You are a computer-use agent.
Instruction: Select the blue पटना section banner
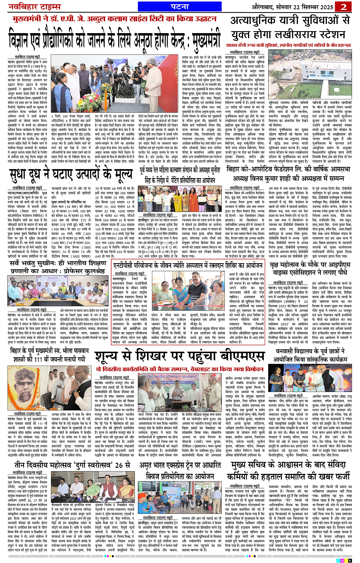point(179,7)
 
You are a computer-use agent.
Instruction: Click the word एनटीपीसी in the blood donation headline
point(126,266)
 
